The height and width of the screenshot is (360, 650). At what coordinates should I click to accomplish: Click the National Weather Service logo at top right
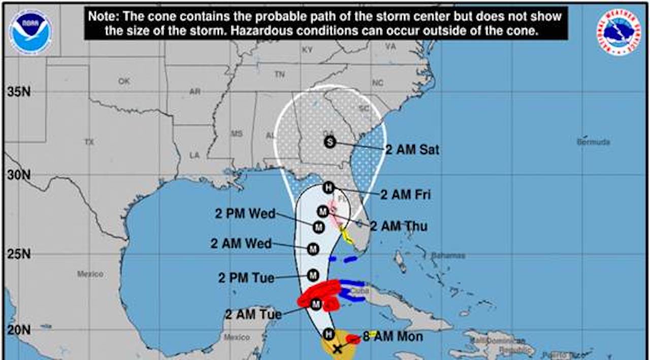click(618, 32)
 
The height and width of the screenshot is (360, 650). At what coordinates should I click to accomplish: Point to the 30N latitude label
click(19, 175)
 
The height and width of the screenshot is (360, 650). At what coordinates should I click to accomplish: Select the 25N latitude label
click(19, 254)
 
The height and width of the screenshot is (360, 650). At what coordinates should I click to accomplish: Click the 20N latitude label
click(19, 330)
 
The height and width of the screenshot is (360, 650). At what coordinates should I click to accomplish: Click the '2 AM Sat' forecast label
click(412, 150)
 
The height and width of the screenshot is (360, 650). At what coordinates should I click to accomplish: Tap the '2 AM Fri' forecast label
click(406, 194)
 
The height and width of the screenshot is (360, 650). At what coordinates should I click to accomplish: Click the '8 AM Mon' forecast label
click(393, 336)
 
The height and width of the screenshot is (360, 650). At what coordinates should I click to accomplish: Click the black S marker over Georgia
click(330, 142)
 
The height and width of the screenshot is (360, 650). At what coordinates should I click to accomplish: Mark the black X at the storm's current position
click(337, 349)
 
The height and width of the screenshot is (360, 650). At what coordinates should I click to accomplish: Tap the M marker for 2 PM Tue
click(313, 275)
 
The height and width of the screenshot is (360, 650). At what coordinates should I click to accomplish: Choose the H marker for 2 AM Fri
click(329, 187)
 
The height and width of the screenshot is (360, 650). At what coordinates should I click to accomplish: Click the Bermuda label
click(593, 143)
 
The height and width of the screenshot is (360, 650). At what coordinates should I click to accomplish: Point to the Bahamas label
click(448, 255)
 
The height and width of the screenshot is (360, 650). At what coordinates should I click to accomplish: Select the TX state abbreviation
click(89, 142)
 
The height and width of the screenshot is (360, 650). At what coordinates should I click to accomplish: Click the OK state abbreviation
click(124, 81)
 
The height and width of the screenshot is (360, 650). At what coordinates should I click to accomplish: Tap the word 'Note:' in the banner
click(103, 16)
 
